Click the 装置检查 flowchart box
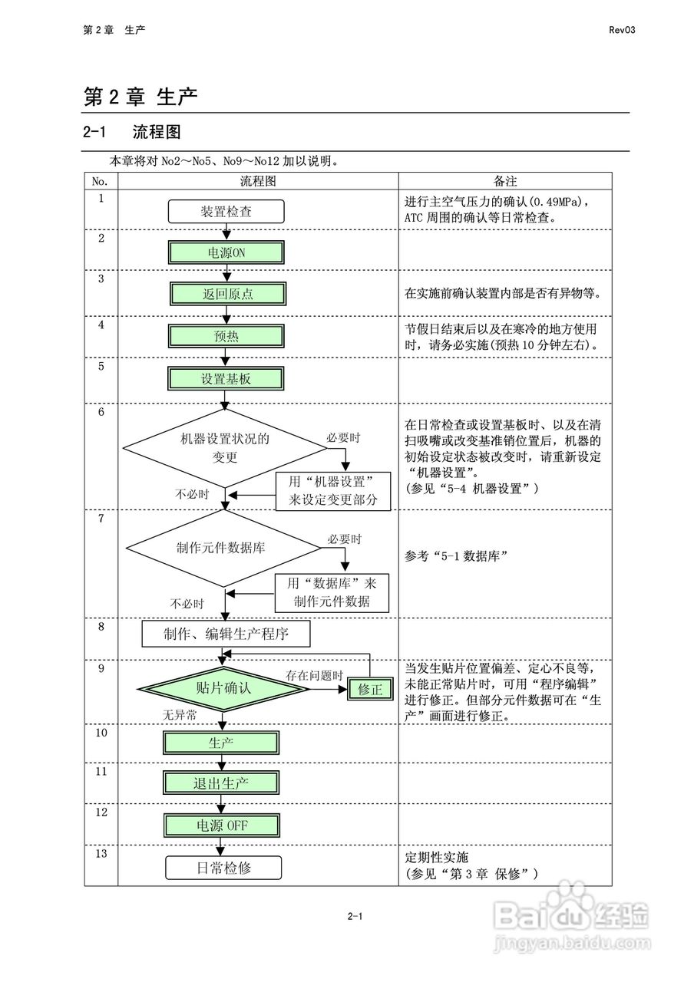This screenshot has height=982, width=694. click(226, 211)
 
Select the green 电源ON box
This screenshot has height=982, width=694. click(226, 252)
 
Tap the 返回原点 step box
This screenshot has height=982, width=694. click(226, 294)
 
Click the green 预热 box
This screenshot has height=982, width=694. click(226, 336)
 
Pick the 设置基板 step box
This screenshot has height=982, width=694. click(226, 378)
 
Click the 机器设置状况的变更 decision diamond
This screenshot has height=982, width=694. click(225, 447)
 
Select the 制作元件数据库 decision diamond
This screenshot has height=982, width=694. click(223, 547)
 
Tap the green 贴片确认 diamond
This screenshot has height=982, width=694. click(223, 688)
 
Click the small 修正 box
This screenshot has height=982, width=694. click(370, 689)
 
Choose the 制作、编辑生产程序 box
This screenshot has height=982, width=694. click(226, 634)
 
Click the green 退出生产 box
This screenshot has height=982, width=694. click(220, 783)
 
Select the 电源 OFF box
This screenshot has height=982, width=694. click(220, 825)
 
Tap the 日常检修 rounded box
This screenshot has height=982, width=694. click(223, 868)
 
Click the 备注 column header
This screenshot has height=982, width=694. click(504, 181)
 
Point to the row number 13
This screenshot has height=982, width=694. click(101, 853)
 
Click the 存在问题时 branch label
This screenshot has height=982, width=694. click(314, 676)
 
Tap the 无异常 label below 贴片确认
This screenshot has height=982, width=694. click(179, 715)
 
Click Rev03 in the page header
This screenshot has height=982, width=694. click(623, 30)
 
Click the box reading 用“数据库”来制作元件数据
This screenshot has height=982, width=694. click(332, 592)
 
